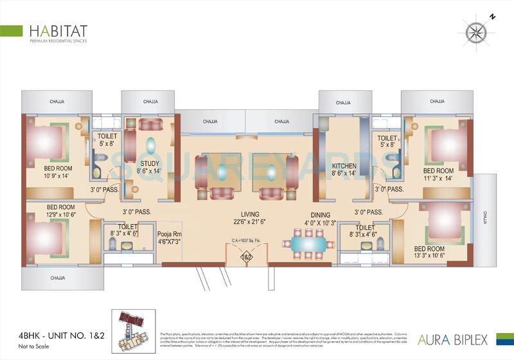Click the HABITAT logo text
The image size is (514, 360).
tap(58, 30)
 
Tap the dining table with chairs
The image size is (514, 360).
tap(310, 244)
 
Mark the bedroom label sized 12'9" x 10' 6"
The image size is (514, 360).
tap(43, 211)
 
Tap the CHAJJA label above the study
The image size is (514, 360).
tap(150, 102)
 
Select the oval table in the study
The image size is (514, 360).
tap(150, 144)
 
